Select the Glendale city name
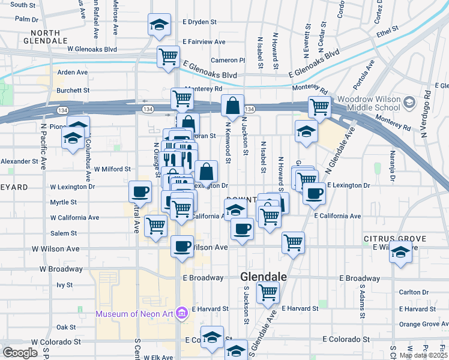click(263, 277)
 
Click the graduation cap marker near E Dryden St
click(158, 25)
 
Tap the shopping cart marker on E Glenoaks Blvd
click(168, 56)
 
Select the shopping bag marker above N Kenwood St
click(232, 106)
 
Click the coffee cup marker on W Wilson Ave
click(182, 245)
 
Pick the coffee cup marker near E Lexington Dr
click(313, 193)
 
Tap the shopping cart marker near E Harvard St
click(267, 293)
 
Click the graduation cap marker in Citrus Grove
click(400, 253)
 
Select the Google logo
click(20, 353)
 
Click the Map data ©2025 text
click(423, 355)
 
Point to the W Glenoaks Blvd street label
click(92, 49)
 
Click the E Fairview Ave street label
click(203, 41)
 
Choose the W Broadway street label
click(61, 269)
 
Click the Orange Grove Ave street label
click(423, 324)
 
